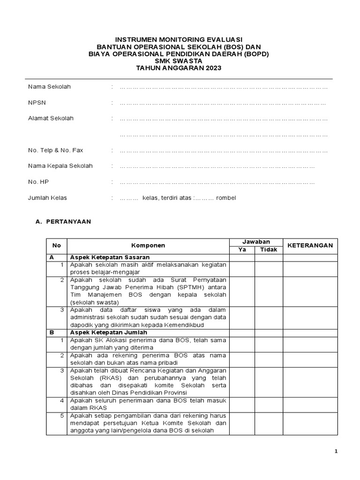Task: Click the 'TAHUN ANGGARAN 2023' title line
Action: pyautogui.click(x=179, y=68)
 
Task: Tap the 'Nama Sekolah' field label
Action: pyautogui.click(x=49, y=87)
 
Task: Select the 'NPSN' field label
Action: pyautogui.click(x=37, y=103)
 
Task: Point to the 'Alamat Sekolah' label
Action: pyautogui.click(x=51, y=119)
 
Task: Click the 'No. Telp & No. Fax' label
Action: pyautogui.click(x=55, y=150)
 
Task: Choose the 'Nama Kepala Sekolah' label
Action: pyautogui.click(x=60, y=166)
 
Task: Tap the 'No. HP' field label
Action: pyautogui.click(x=38, y=182)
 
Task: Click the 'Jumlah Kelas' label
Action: pyautogui.click(x=47, y=198)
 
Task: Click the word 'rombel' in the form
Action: pyautogui.click(x=226, y=198)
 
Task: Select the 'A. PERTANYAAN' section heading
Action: pyautogui.click(x=63, y=222)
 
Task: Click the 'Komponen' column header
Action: pyautogui.click(x=148, y=246)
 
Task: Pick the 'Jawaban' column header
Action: pyautogui.click(x=256, y=242)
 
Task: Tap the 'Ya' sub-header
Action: pyautogui.click(x=242, y=250)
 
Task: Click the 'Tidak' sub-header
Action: pyautogui.click(x=269, y=250)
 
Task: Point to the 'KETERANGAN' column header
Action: pyautogui.click(x=310, y=246)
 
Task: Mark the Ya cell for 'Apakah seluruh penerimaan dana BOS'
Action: pyautogui.click(x=242, y=404)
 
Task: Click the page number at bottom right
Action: pyautogui.click(x=336, y=451)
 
